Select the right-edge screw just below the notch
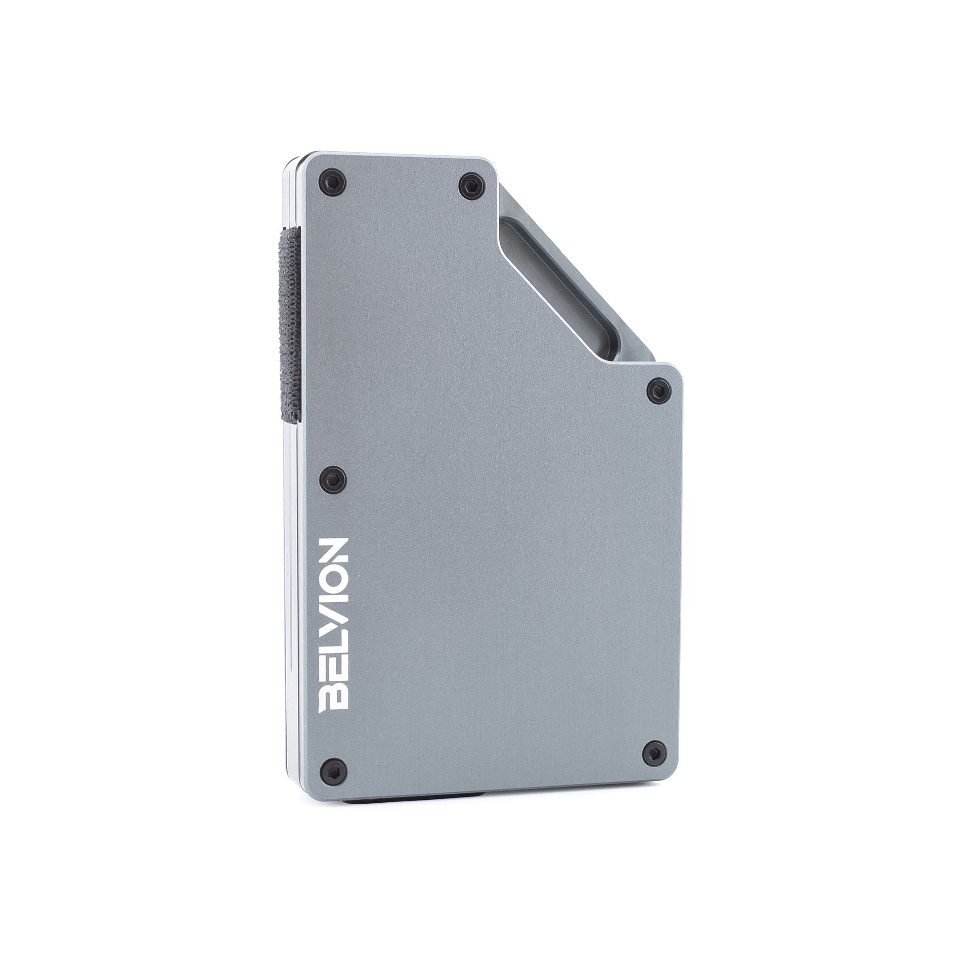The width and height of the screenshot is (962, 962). (660, 389)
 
